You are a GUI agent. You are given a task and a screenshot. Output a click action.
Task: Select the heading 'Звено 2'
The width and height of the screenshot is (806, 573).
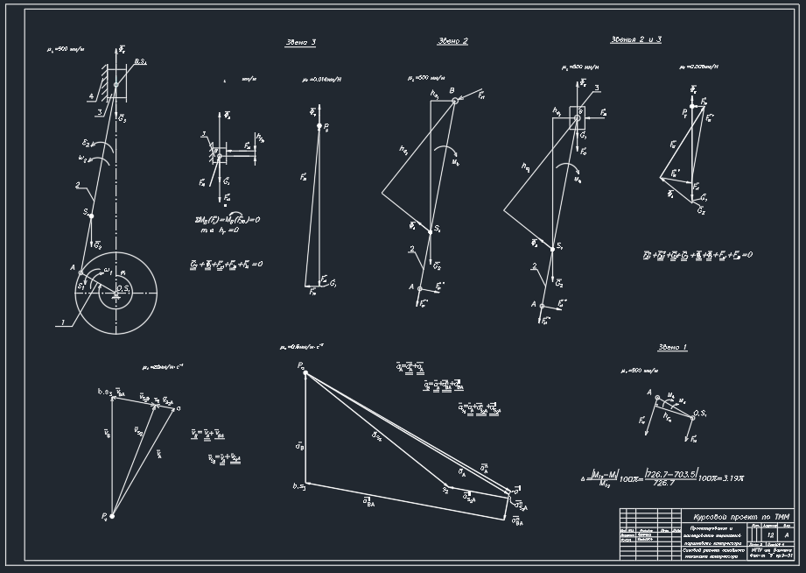[x=452, y=41]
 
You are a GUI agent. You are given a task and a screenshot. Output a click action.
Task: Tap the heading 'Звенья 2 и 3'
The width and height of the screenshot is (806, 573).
[x=635, y=39]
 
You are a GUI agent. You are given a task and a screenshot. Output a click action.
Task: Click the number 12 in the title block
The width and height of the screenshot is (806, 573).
[x=770, y=534]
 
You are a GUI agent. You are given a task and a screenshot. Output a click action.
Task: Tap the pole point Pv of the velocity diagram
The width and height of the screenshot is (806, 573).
[x=111, y=517]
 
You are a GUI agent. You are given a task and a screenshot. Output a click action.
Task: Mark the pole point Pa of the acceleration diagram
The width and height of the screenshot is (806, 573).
[x=304, y=371]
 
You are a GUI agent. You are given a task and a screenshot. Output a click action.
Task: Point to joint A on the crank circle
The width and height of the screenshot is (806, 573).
[x=81, y=272]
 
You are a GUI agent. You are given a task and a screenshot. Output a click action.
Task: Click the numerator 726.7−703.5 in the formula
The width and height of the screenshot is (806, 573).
[x=670, y=472]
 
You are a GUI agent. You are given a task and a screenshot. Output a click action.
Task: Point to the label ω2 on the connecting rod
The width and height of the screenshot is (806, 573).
[x=83, y=159]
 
